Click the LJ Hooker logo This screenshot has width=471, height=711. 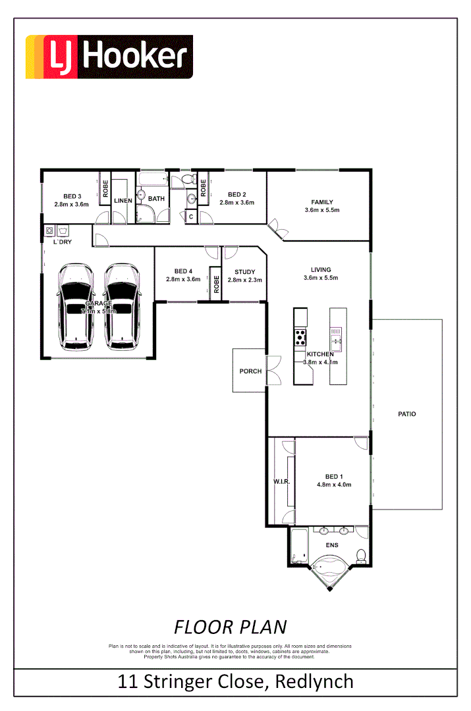coord(109,57)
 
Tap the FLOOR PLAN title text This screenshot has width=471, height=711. coord(230,625)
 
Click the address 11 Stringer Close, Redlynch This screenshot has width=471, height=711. coord(235,681)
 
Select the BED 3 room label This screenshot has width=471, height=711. coord(72,196)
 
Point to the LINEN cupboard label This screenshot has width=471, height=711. coord(123,200)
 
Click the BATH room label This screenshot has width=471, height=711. coord(156,199)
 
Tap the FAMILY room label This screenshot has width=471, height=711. coord(322,202)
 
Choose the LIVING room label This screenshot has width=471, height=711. coord(321,269)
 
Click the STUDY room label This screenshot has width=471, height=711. coord(244,272)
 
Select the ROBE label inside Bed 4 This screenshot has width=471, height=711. coord(215,284)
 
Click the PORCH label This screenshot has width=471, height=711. coord(250,371)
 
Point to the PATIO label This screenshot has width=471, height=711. coord(406,414)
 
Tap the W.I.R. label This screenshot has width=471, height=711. coord(281,482)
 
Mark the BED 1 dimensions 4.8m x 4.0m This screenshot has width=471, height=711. coord(334,485)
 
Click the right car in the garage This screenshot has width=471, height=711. coord(121,307)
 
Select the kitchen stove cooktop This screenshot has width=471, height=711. coord(300,337)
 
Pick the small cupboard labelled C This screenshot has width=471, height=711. coord(190,216)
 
